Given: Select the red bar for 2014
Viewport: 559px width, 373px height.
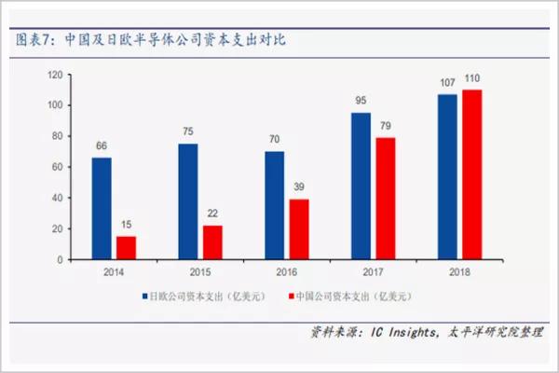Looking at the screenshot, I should pos(126,248).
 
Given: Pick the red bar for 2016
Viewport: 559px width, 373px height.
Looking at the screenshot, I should pos(299,229).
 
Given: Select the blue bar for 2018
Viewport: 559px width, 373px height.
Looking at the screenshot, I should pos(447,177).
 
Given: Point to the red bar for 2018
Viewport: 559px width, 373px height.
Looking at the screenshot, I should pos(472,174).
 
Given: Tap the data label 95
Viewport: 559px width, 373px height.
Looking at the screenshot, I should pos(361,100).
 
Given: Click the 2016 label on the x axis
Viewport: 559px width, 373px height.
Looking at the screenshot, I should pos(287,271).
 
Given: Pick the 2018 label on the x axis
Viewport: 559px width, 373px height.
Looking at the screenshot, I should pos(460,271).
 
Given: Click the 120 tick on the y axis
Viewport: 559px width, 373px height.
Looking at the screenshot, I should pos(55,75).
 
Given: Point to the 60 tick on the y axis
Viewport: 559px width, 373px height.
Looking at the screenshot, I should pos(58,167).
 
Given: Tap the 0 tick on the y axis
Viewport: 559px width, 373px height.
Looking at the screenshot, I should pos(61,260).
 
